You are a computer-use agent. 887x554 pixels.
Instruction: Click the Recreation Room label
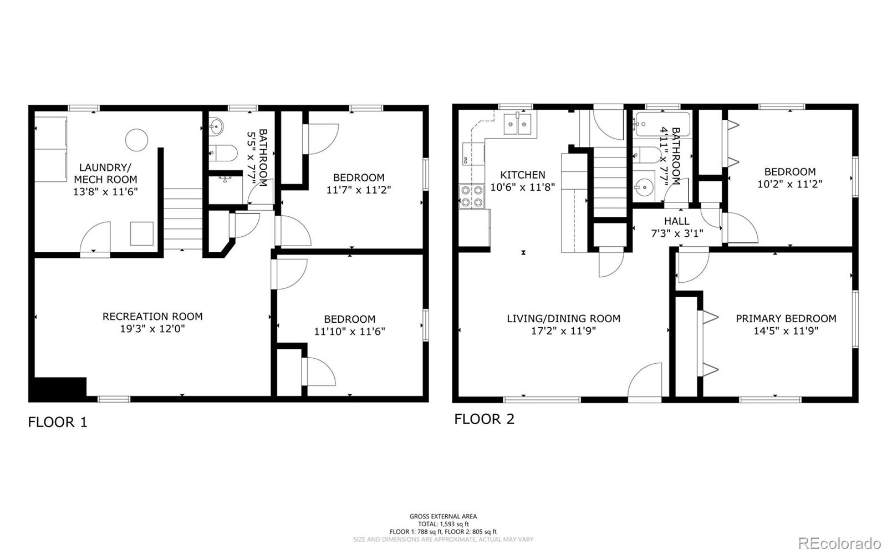tap(152, 316)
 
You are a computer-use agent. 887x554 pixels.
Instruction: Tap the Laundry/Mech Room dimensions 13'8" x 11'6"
tap(105, 192)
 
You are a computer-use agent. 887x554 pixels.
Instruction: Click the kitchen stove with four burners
tap(471, 196)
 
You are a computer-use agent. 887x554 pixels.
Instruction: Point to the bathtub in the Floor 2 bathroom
tap(662, 125)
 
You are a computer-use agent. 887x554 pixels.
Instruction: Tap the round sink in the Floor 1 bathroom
tap(217, 127)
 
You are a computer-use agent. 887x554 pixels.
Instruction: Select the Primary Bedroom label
tap(786, 318)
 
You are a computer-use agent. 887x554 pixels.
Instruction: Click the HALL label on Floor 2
tap(676, 221)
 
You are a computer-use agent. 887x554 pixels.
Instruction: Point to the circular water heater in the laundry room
tap(136, 140)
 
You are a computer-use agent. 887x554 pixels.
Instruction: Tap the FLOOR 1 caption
tap(58, 423)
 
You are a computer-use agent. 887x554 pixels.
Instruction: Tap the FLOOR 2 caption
tap(484, 419)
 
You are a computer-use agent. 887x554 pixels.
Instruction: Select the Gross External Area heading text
tap(443, 516)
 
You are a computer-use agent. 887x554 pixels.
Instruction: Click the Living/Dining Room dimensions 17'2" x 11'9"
tap(563, 331)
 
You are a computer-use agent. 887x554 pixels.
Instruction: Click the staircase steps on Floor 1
tap(183, 219)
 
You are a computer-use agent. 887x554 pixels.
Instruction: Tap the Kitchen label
tap(523, 175)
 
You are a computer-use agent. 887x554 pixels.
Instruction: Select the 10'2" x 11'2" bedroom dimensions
tap(789, 184)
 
